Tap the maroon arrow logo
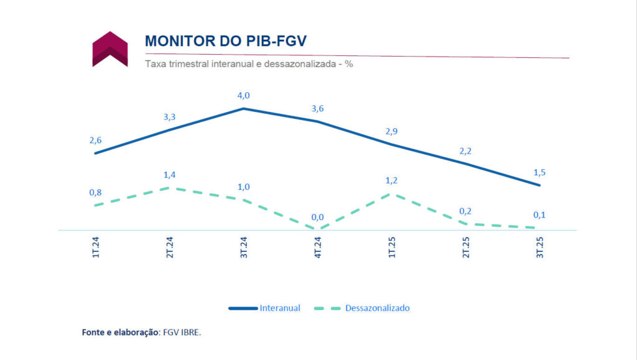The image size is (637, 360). tap(110, 48)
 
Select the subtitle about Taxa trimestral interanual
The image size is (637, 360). tap(249, 64)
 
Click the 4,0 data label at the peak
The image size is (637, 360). tap(243, 95)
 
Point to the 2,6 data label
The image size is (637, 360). tap(95, 140)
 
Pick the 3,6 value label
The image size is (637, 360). tap(317, 109)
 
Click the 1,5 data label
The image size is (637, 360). tap(539, 172)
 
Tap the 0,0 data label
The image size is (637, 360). tap(317, 217)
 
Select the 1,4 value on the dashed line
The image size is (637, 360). tap(169, 175)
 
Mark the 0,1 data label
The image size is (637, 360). tap(539, 215)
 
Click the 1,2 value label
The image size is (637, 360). tap(391, 181)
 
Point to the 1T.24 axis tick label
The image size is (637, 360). tap(95, 247)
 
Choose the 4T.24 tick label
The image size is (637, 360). tap(317, 247)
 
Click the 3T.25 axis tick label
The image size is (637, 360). tap(539, 247)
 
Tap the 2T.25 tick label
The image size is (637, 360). tap(465, 247)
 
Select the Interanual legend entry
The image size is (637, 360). tap(280, 308)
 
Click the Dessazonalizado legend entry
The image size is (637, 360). tap(378, 308)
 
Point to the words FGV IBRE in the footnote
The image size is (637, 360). tap(182, 332)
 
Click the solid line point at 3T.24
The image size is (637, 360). tap(243, 109)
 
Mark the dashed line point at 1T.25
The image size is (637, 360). tap(391, 194)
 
